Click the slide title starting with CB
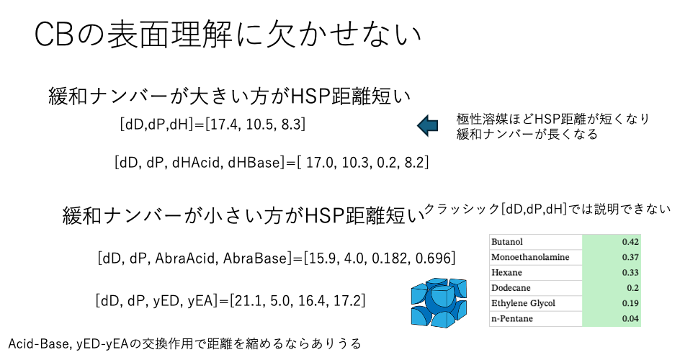coord(228,35)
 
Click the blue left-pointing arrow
coord(428,125)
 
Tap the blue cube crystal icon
coord(439,302)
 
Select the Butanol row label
coord(507,242)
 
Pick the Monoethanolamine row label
coord(530,257)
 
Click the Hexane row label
coord(506,272)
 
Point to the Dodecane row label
coord(511,288)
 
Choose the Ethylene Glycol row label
coord(523,303)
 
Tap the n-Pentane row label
coord(512,318)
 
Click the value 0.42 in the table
coord(630,242)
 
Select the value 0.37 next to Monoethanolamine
coord(630,257)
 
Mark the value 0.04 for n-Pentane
coord(630,318)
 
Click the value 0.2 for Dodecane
coord(632,288)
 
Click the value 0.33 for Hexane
coord(630,272)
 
